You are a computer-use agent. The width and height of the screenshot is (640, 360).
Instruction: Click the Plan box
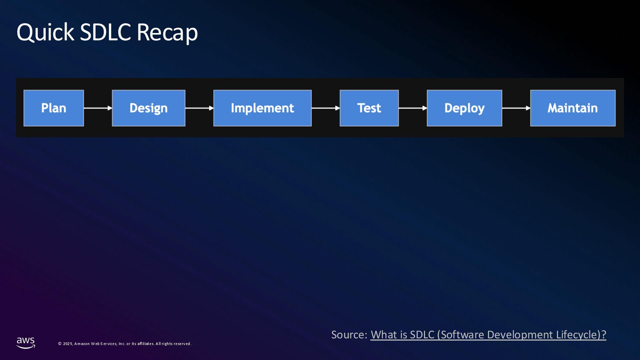pyautogui.click(x=54, y=108)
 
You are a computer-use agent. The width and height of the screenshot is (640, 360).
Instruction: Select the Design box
pyautogui.click(x=149, y=108)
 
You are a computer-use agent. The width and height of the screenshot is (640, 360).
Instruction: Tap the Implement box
pyautogui.click(x=262, y=108)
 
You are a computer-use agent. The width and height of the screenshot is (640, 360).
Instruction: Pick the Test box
pyautogui.click(x=369, y=108)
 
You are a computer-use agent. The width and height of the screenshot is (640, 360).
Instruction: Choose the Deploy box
pyautogui.click(x=464, y=108)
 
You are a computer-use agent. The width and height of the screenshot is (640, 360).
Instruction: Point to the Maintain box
pyautogui.click(x=573, y=108)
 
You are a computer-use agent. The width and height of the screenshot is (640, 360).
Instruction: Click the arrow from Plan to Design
pyautogui.click(x=98, y=108)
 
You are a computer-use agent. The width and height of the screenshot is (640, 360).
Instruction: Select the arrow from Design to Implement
pyautogui.click(x=199, y=108)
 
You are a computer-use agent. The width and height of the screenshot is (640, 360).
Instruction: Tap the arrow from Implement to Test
pyautogui.click(x=326, y=108)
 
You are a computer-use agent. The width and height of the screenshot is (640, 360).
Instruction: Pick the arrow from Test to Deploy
pyautogui.click(x=413, y=108)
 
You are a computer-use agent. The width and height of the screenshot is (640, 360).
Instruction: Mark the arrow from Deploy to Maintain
pyautogui.click(x=516, y=108)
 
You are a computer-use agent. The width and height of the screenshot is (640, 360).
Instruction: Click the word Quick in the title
pyautogui.click(x=45, y=32)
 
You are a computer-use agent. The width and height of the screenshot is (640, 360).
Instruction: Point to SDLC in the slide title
pyautogui.click(x=105, y=32)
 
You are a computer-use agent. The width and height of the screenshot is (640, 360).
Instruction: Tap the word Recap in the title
pyautogui.click(x=167, y=32)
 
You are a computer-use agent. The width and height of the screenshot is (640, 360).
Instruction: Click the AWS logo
pyautogui.click(x=26, y=343)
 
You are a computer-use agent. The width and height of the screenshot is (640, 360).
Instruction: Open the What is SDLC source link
pyautogui.click(x=488, y=335)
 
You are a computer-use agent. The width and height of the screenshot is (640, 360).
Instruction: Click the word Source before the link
pyautogui.click(x=349, y=335)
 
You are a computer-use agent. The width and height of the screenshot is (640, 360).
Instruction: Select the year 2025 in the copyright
pyautogui.click(x=68, y=344)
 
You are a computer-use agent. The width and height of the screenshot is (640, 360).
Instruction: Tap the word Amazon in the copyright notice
pyautogui.click(x=82, y=344)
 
